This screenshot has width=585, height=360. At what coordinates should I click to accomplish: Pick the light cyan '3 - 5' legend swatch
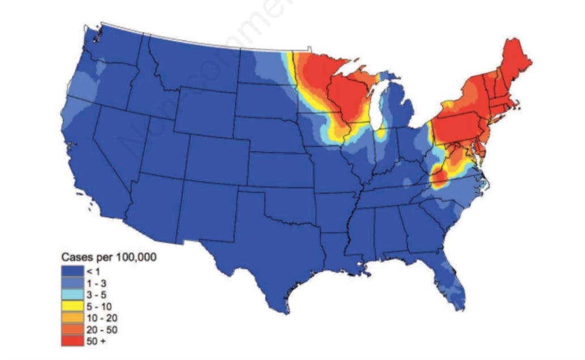(72, 294)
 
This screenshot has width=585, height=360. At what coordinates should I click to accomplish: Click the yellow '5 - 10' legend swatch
(72, 306)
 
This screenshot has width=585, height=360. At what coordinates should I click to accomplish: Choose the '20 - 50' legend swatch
(72, 329)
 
